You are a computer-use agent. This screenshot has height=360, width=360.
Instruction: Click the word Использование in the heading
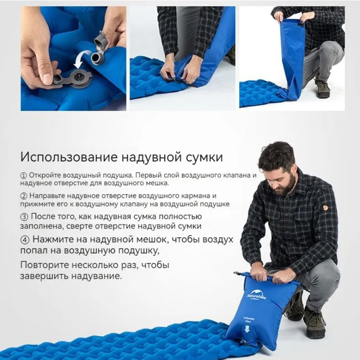[69, 157]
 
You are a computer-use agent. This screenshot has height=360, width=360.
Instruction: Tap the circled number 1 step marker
[24, 176]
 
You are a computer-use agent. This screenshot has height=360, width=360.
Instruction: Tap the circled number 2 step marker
[24, 196]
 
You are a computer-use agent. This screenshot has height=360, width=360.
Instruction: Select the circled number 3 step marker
[24, 217]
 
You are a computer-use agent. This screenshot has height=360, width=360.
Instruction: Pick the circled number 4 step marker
[25, 240]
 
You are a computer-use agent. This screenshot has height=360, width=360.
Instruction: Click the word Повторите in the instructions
[45, 265]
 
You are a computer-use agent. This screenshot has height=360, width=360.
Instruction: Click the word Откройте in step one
[45, 175]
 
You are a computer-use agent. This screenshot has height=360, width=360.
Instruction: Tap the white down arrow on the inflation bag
[247, 329]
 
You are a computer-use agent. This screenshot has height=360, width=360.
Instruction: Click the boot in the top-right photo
[322, 89]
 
